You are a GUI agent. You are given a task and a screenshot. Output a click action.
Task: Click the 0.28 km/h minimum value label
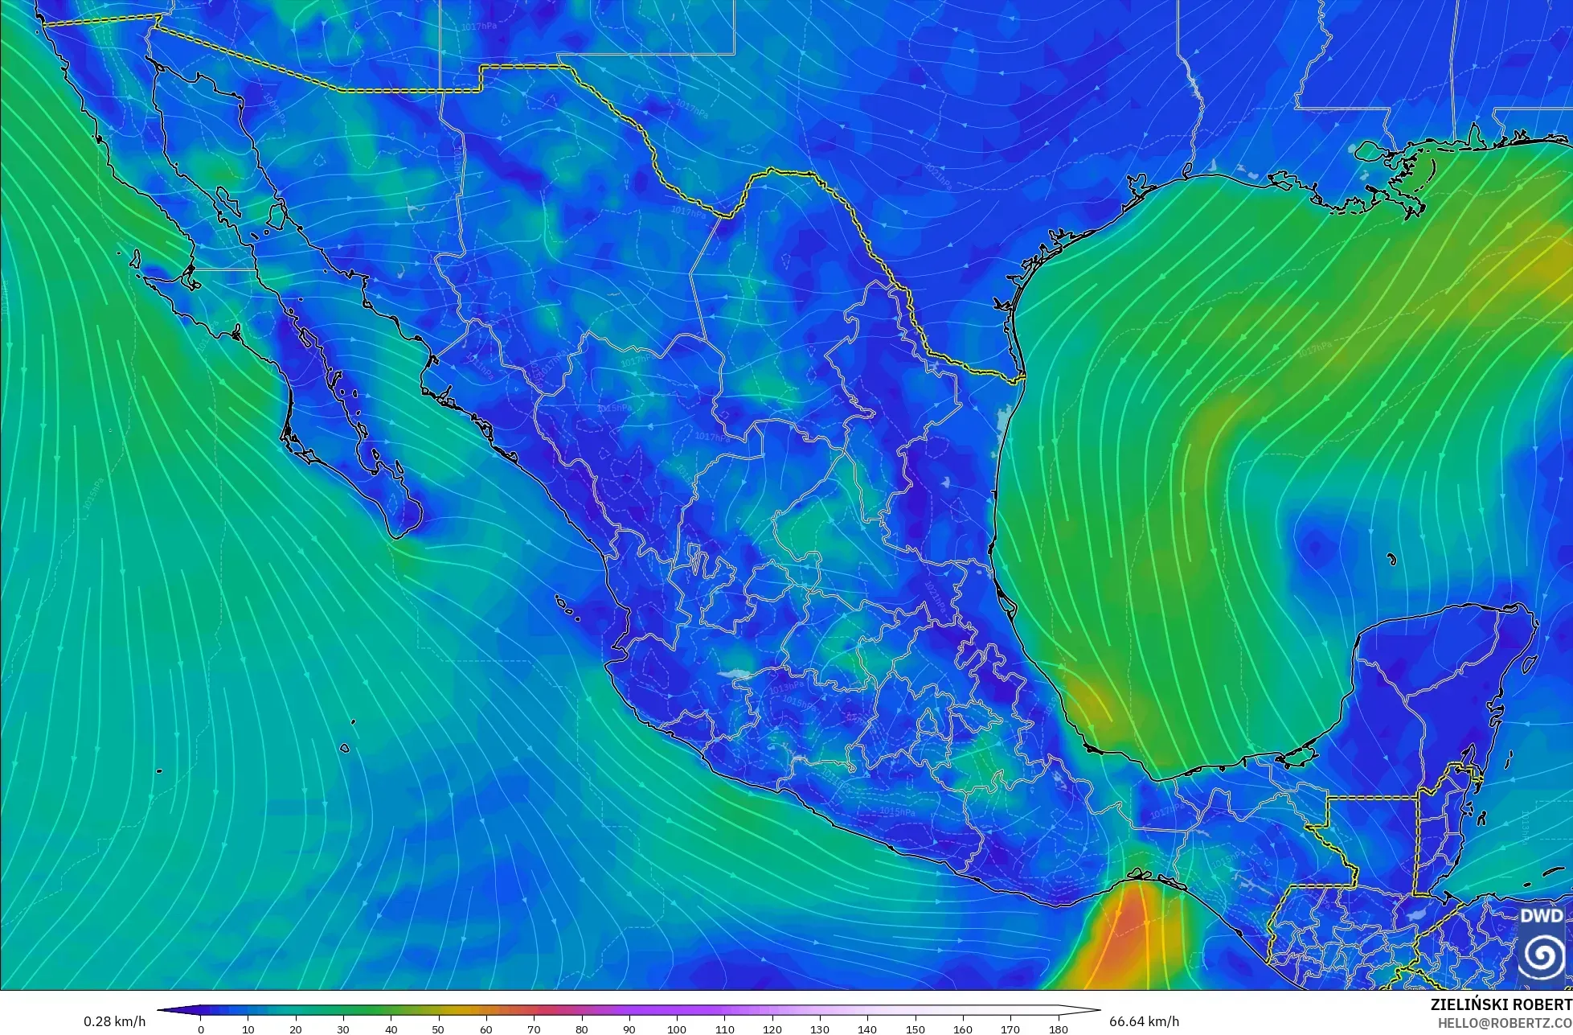[115, 1021]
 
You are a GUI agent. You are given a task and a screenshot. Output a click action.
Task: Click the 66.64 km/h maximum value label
[1145, 1021]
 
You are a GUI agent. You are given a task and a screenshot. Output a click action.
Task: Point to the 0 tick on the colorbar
[201, 1029]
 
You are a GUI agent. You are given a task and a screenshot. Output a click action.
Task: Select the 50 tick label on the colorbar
[439, 1029]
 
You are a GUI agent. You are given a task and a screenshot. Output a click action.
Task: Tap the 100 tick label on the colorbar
[677, 1029]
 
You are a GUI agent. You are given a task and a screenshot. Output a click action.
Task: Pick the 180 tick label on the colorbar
[1058, 1029]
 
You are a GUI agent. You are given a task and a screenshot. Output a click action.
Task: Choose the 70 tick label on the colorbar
[534, 1029]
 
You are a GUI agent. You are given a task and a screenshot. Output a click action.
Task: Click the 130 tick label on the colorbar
[820, 1029]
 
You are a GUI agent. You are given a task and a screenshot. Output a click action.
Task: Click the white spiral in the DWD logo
[1542, 955]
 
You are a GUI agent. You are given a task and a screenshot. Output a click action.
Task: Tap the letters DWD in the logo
[1542, 916]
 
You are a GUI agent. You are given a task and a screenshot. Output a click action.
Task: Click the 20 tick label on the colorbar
[296, 1029]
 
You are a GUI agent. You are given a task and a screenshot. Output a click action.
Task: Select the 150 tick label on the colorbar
[915, 1029]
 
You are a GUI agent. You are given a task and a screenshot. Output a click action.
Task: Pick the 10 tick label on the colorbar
[248, 1029]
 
